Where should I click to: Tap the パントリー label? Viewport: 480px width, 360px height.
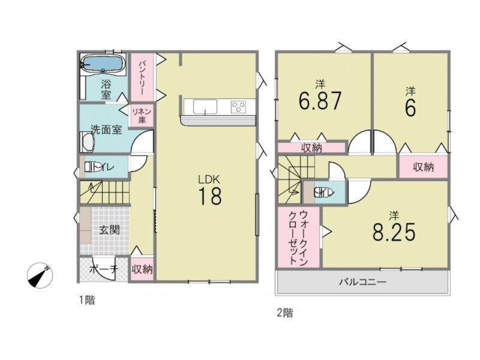pyautogui.click(x=142, y=77)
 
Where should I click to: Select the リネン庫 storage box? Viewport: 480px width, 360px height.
pyautogui.click(x=142, y=116)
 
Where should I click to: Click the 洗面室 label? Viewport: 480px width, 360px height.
pyautogui.click(x=107, y=130)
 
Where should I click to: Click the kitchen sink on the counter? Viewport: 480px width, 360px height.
pyautogui.click(x=205, y=107)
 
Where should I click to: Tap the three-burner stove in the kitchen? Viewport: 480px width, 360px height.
pyautogui.click(x=238, y=107)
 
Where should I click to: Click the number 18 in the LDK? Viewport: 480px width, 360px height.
pyautogui.click(x=210, y=196)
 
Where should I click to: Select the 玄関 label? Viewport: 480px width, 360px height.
pyautogui.click(x=109, y=230)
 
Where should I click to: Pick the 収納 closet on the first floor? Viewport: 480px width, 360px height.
pyautogui.click(x=142, y=269)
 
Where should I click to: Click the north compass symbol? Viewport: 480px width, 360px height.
pyautogui.click(x=40, y=275)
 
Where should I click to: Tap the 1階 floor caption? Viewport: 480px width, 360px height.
pyautogui.click(x=87, y=301)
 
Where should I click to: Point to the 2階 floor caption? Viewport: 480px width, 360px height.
pyautogui.click(x=284, y=313)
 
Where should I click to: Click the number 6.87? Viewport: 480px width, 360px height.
pyautogui.click(x=320, y=101)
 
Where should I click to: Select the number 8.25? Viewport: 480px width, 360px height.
pyautogui.click(x=394, y=232)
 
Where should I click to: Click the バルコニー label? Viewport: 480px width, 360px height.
pyautogui.click(x=363, y=281)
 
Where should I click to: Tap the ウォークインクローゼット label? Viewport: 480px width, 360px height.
pyautogui.click(x=298, y=237)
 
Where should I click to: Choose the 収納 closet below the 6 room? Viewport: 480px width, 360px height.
pyautogui.click(x=424, y=167)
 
